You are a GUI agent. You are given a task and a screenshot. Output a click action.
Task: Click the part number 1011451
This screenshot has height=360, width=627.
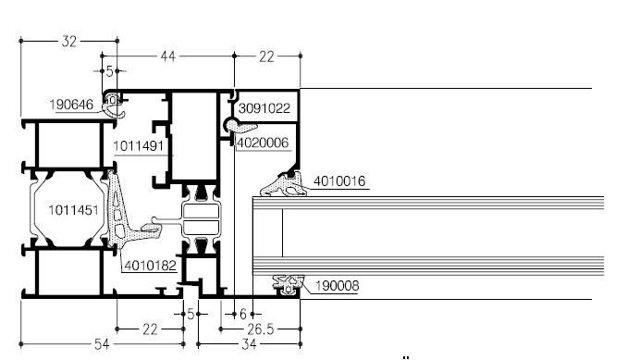(x=73, y=210)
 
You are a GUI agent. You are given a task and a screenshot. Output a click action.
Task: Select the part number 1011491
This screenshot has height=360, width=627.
(x=139, y=146)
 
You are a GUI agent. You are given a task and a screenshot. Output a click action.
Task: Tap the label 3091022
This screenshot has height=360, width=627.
(x=264, y=108)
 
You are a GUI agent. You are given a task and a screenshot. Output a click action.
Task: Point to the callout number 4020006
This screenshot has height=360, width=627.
(x=263, y=143)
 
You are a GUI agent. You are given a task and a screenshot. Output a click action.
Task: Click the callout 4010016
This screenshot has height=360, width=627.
(x=339, y=181)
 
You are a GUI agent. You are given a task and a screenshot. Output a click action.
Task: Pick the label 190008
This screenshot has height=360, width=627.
(x=338, y=286)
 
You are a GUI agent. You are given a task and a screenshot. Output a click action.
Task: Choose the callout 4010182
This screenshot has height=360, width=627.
(x=151, y=266)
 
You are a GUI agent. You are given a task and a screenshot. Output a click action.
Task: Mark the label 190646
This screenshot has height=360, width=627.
(x=71, y=105)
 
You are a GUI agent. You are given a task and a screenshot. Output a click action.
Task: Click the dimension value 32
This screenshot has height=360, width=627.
(x=68, y=42)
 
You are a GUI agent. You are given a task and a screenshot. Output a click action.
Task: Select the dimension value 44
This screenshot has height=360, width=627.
(x=168, y=56)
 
